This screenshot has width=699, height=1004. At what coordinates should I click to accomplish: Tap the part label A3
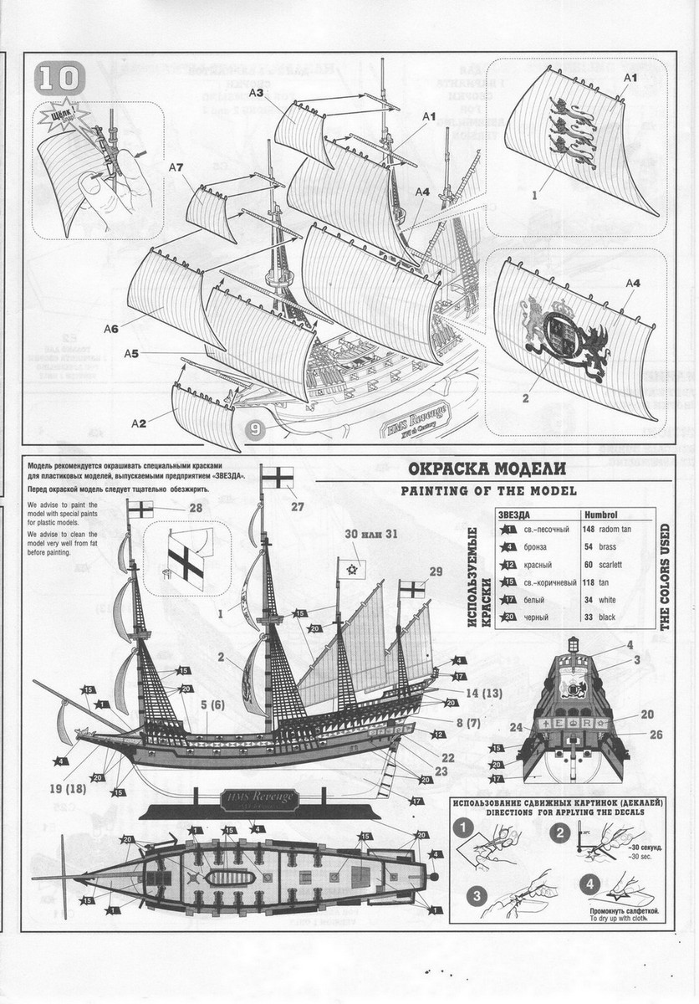point(256,93)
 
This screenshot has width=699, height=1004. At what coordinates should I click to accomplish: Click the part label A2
point(139,423)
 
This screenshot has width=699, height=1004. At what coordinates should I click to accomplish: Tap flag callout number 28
point(196,508)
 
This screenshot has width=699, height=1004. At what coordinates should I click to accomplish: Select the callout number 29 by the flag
point(434,571)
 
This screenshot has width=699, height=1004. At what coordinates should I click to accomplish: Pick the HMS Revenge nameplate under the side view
point(258,799)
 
